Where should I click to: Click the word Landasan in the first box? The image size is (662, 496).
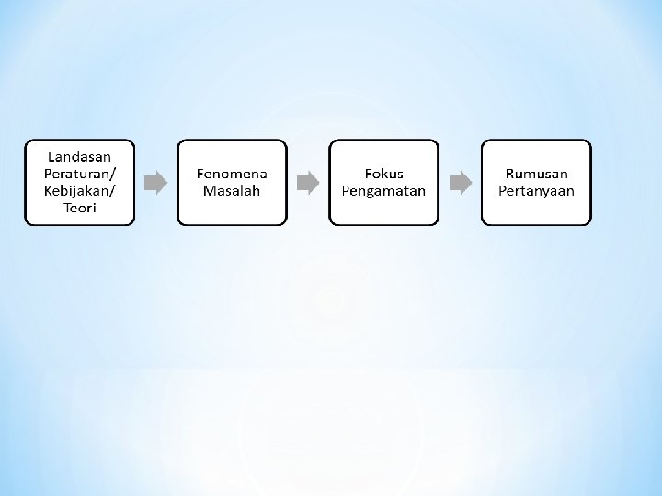click(79, 156)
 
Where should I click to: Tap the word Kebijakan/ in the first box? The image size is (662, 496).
click(79, 190)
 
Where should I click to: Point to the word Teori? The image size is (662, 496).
click(79, 208)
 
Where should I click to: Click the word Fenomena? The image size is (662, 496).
click(232, 174)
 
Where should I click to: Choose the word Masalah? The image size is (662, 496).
click(232, 191)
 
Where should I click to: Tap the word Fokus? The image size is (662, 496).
click(384, 174)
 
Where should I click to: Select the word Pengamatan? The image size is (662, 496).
click(384, 191)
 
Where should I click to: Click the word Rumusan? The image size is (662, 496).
click(536, 174)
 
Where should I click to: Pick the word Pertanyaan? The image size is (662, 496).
click(536, 191)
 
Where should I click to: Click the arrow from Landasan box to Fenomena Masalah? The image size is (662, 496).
click(156, 182)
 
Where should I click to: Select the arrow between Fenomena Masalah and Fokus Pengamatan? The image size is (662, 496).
click(308, 182)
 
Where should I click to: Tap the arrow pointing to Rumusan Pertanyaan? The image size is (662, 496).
click(460, 182)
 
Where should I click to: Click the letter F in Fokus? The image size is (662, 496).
click(369, 174)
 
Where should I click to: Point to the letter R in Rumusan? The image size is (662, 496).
click(510, 174)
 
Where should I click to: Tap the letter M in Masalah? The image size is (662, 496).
click(209, 191)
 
